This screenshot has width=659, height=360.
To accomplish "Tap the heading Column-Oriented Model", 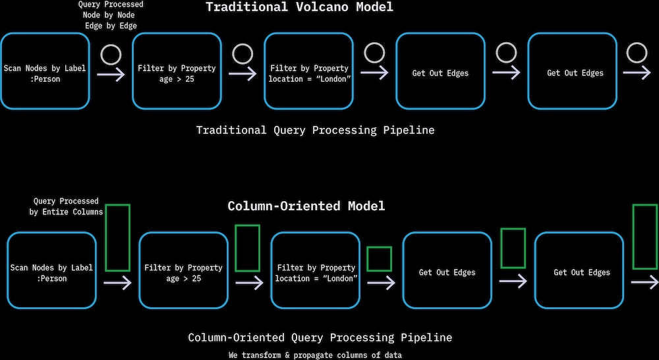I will [x=306, y=206].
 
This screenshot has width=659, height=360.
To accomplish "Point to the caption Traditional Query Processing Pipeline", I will [x=315, y=130].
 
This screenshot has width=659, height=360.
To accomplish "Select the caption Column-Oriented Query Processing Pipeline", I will [x=320, y=338].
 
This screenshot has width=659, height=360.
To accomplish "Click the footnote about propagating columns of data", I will [x=315, y=355].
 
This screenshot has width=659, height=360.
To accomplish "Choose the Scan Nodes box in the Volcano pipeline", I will [x=45, y=73].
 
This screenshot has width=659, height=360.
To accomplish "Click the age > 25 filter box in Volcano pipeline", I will [x=177, y=73].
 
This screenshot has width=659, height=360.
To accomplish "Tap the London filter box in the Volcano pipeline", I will [x=308, y=73].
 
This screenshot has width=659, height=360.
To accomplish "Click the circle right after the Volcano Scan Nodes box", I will [x=111, y=53].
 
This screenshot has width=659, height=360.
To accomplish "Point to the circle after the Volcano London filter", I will [x=374, y=53].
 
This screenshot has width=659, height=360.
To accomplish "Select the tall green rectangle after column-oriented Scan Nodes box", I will [x=117, y=237].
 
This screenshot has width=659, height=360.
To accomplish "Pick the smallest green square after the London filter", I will [x=379, y=258].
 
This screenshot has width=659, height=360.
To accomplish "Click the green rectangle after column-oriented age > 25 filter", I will [x=247, y=248].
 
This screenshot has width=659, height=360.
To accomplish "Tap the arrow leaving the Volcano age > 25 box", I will [x=243, y=74].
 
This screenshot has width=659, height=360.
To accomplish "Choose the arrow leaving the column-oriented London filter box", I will [x=381, y=282].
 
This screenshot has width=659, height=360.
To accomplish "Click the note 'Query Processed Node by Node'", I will [x=111, y=15].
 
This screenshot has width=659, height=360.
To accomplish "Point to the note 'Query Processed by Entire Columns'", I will [x=66, y=206].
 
